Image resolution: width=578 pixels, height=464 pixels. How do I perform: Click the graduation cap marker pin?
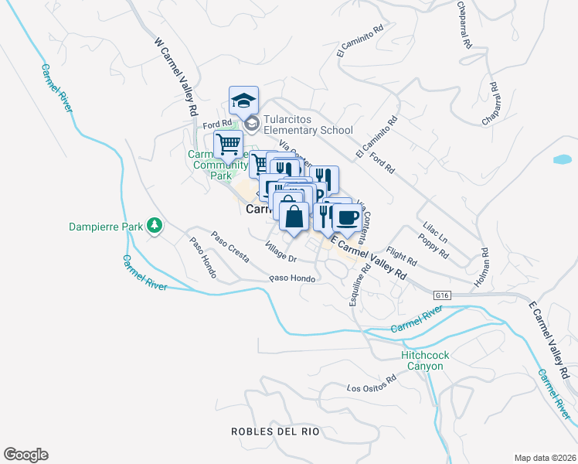[x=243, y=101]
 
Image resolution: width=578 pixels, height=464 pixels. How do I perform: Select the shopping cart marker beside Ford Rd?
[x=228, y=144]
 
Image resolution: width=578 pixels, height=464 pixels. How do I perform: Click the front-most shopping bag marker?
[x=294, y=216]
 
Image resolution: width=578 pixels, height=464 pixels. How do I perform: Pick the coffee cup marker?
[x=348, y=217]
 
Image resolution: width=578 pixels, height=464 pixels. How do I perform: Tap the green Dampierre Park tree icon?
[x=155, y=226]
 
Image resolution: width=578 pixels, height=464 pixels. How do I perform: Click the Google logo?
[x=25, y=455]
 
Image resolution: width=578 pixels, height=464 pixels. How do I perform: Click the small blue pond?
[x=563, y=160]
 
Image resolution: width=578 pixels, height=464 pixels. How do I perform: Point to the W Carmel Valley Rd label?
[x=176, y=77]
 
